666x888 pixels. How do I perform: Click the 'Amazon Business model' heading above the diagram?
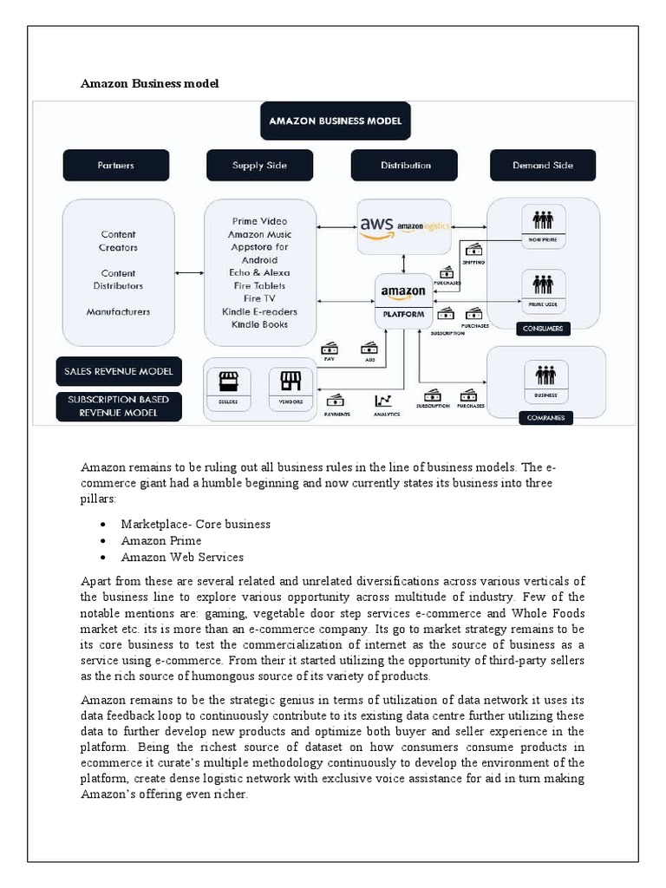[x=149, y=83]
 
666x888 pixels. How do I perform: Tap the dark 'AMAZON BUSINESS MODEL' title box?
[x=335, y=121]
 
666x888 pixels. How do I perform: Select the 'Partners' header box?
[x=115, y=165]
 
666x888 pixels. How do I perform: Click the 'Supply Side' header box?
[x=259, y=165]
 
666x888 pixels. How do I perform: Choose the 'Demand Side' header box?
[x=543, y=165]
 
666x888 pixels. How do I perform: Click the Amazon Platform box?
[x=403, y=300]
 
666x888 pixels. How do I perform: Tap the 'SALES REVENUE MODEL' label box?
[x=119, y=371]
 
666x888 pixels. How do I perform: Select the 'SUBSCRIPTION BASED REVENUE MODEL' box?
[x=119, y=406]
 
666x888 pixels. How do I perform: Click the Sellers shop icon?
[x=228, y=382]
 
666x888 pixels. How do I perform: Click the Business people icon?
[x=545, y=375]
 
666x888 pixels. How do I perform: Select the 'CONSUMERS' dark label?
[x=544, y=329]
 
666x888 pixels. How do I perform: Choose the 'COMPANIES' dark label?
[x=545, y=418]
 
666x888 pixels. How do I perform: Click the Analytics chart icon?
[x=382, y=401]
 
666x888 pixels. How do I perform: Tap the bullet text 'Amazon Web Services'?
[x=182, y=557]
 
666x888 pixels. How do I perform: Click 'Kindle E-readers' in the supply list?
[x=259, y=311]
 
